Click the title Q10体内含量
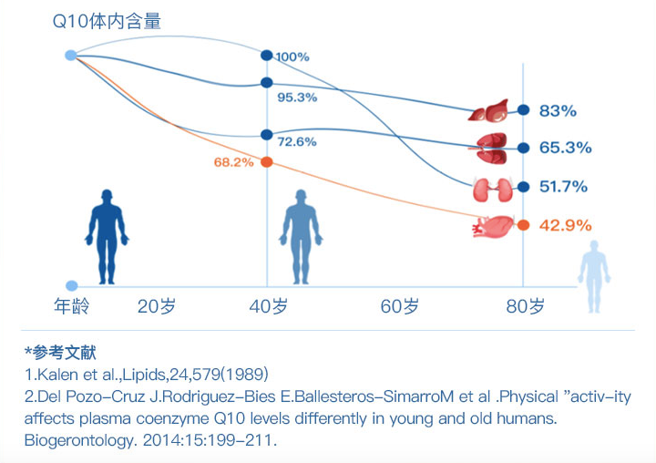106,21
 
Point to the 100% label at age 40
292,57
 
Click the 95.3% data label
297,98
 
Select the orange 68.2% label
234,162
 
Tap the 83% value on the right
558,111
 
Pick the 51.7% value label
563,187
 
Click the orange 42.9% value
565,224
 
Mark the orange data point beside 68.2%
266,162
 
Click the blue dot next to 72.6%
266,135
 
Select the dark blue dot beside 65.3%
523,148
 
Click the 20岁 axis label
156,306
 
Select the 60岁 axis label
400,306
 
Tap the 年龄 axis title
72,306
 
